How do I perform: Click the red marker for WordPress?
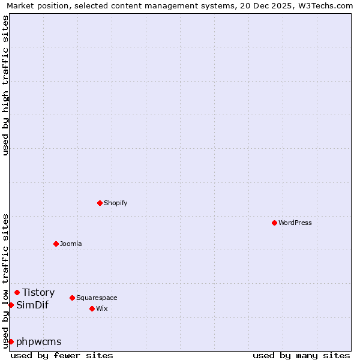[x=274, y=223]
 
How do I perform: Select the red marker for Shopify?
[x=100, y=203]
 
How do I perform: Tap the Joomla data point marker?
[x=56, y=244]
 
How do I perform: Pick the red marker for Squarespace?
[x=72, y=298]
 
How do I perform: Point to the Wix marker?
[x=92, y=308]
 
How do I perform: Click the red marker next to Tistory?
[x=17, y=292]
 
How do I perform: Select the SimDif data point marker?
[x=11, y=305]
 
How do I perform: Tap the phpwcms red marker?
[x=11, y=341]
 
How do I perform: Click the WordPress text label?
[x=295, y=223]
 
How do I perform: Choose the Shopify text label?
[x=116, y=203]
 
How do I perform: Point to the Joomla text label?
[x=71, y=244]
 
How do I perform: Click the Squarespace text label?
[x=97, y=298]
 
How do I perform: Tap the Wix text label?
[x=102, y=308]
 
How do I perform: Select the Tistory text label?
[x=38, y=292]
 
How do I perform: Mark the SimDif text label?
[x=32, y=305]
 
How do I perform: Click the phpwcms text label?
[x=39, y=341]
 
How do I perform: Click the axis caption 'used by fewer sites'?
[x=62, y=355]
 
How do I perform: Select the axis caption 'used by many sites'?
[x=301, y=355]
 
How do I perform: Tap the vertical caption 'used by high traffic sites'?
[x=5, y=85]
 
